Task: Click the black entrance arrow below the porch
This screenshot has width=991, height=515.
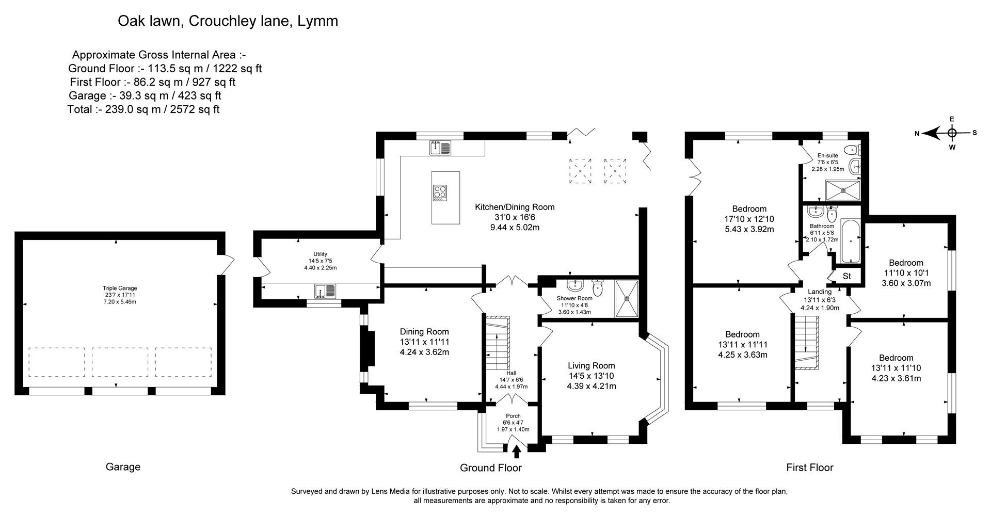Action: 516,452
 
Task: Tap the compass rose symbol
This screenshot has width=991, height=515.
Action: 952,133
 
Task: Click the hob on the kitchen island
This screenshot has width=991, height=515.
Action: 440,194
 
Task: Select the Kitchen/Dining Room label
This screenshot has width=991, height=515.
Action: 515,207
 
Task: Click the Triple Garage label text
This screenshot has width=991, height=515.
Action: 120,288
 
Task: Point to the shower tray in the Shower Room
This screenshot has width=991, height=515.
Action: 627,299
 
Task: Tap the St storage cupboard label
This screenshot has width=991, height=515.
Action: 846,277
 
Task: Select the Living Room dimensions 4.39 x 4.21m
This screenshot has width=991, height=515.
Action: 592,386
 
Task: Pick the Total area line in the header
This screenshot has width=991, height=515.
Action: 143,109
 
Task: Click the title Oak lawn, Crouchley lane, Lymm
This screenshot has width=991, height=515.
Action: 228,21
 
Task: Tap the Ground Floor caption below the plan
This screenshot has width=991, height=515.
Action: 490,468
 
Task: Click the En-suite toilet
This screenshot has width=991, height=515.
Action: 854,150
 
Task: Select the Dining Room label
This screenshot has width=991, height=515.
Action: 424,332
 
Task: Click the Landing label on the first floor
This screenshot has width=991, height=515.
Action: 820,292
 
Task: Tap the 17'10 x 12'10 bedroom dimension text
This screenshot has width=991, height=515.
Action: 749,219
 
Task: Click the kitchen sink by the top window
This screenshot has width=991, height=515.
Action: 440,148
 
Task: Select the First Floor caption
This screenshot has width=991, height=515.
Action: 810,468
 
